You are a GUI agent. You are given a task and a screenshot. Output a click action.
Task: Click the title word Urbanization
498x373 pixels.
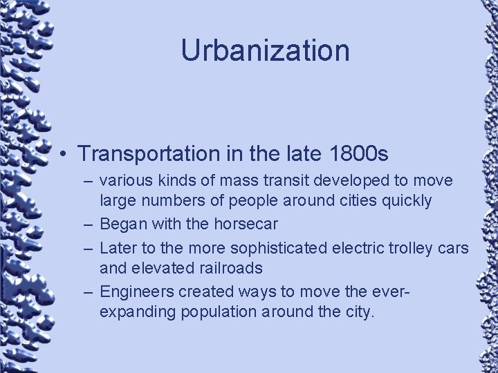pyautogui.click(x=265, y=50)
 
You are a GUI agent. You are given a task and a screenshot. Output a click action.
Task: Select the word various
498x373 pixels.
pyautogui.click(x=123, y=181)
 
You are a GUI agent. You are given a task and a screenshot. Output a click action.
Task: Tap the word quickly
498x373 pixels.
pyautogui.click(x=407, y=201)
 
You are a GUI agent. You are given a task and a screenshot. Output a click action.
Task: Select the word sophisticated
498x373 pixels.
pyautogui.click(x=285, y=247)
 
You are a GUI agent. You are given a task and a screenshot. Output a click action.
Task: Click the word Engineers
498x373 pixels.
pyautogui.click(x=136, y=291)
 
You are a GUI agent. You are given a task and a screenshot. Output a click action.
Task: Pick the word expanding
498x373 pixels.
pyautogui.click(x=138, y=312)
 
